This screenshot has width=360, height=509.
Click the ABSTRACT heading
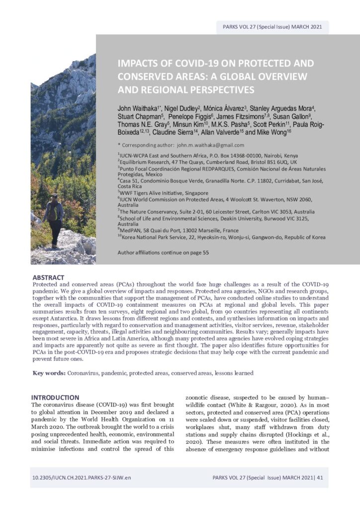(48, 277)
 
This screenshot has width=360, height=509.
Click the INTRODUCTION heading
(55, 397)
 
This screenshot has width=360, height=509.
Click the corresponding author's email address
(211, 145)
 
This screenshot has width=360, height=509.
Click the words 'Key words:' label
(48, 373)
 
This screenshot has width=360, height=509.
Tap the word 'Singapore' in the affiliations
(195, 193)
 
